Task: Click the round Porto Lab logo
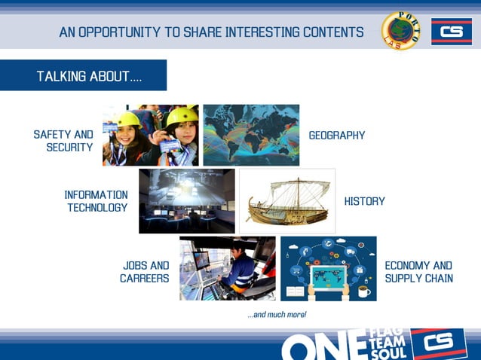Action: (x=400, y=31)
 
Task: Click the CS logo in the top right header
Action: (x=451, y=32)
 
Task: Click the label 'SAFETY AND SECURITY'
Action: (x=63, y=141)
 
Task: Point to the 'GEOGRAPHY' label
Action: (x=337, y=136)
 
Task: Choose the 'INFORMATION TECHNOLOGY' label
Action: (x=96, y=201)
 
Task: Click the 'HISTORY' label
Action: (x=364, y=201)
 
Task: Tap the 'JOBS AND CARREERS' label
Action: (x=145, y=272)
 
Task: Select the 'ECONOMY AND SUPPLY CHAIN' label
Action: (x=418, y=272)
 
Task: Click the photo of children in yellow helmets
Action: (x=151, y=135)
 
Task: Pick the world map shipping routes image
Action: (x=251, y=135)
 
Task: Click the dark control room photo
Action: (x=186, y=200)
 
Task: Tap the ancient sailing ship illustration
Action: (x=286, y=200)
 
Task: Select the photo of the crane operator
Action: (x=227, y=268)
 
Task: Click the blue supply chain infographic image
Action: (x=328, y=268)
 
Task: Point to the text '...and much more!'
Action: (x=277, y=315)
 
